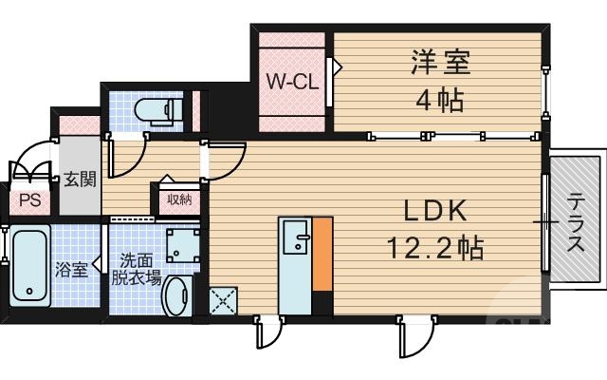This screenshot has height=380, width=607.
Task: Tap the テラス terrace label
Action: click(576, 223)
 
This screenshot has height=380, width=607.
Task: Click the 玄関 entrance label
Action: click(80, 180)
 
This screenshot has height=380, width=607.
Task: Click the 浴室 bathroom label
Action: click(71, 269)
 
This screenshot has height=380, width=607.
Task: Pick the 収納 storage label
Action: click(179, 199)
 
